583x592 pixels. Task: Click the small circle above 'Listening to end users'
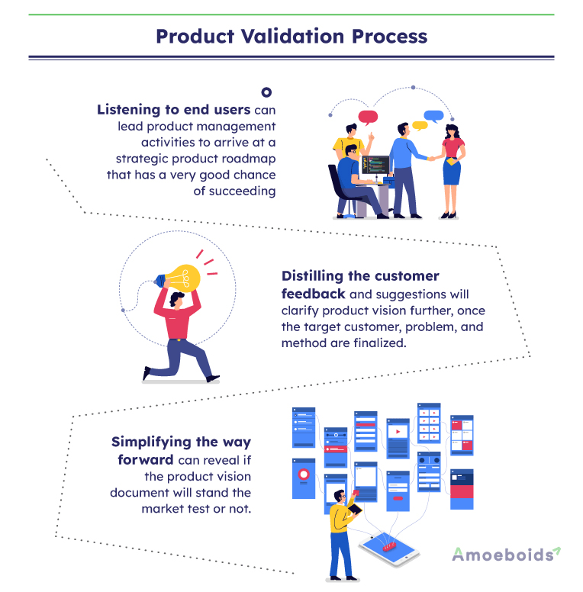[266, 92]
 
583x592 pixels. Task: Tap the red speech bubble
[369, 117]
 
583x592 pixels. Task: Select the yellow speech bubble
[419, 125]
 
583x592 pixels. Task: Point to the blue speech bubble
[434, 117]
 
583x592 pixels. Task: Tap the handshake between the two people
[431, 159]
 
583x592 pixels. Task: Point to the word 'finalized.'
[385, 343]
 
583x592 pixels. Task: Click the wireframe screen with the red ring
[304, 477]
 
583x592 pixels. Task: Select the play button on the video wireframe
[398, 432]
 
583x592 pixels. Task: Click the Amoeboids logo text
[501, 555]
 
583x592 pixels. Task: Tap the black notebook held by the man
[355, 509]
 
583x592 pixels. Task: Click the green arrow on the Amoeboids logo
[557, 550]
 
